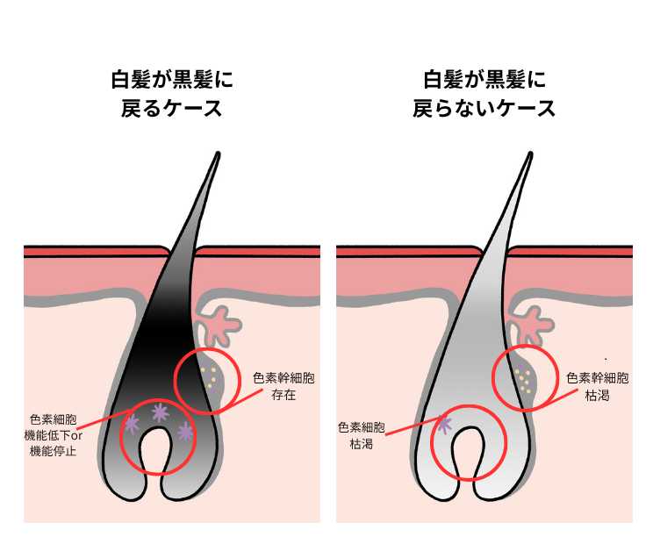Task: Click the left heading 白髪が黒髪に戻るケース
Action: (x=172, y=95)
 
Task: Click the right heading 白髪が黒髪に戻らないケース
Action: (x=484, y=95)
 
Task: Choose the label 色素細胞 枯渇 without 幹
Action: (x=361, y=435)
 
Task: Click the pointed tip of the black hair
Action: (x=216, y=155)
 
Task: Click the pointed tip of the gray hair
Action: (x=530, y=155)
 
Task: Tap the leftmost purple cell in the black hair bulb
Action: (x=132, y=425)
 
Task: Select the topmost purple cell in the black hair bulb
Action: (x=160, y=412)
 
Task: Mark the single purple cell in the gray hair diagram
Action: (x=444, y=426)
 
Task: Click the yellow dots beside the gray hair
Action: (x=523, y=379)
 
